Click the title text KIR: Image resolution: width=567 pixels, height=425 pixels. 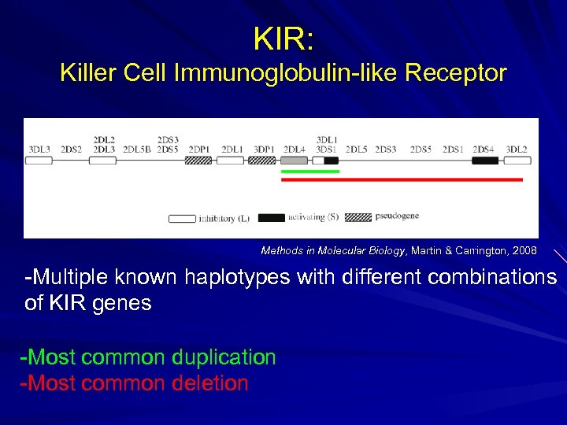[283, 37]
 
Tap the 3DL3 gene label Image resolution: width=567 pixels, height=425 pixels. [39, 149]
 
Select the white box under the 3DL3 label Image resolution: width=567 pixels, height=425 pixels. [39, 160]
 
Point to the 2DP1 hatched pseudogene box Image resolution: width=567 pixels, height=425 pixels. [198, 160]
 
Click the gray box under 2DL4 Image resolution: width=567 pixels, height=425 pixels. [294, 160]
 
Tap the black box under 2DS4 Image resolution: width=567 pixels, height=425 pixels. [485, 160]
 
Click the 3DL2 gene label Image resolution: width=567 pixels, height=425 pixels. [517, 149]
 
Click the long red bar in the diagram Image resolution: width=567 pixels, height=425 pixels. [402, 179]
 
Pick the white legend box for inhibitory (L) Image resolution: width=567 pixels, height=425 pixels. [182, 218]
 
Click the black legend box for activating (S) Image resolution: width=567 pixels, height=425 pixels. [272, 217]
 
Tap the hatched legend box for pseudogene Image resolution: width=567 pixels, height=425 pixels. [358, 216]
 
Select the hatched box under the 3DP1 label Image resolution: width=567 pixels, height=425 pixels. [262, 160]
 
